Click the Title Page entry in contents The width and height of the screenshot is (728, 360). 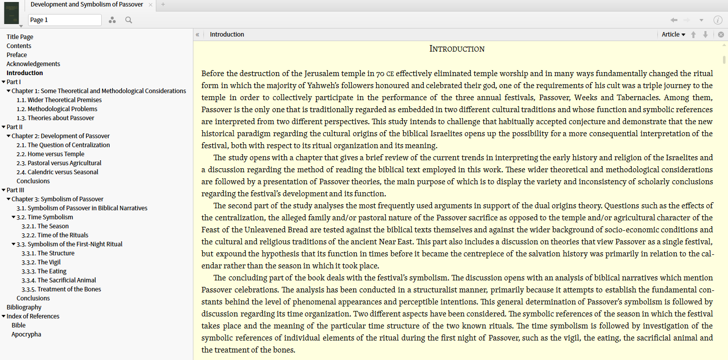tap(20, 37)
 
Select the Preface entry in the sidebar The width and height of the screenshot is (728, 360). tap(17, 55)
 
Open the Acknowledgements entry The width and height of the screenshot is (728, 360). tap(33, 64)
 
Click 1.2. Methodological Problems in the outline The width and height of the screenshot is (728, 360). tap(62, 109)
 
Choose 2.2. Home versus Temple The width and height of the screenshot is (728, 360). tap(56, 154)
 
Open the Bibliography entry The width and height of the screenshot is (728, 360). tap(24, 307)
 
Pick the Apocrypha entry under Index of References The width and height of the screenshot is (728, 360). tap(26, 334)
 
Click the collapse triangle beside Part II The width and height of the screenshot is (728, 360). tap(4, 127)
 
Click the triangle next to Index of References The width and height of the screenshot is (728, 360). tap(4, 316)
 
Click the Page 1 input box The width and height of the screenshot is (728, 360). tap(65, 20)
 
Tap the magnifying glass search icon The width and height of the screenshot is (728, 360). tap(129, 20)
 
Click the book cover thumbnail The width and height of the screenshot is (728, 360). tap(11, 13)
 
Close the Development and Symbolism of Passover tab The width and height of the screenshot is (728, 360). tap(150, 5)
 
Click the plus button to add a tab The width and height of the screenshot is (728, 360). tap(163, 5)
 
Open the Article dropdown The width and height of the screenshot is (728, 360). tap(673, 35)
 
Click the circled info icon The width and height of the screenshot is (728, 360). tap(717, 20)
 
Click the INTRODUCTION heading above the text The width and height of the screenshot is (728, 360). tap(457, 49)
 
